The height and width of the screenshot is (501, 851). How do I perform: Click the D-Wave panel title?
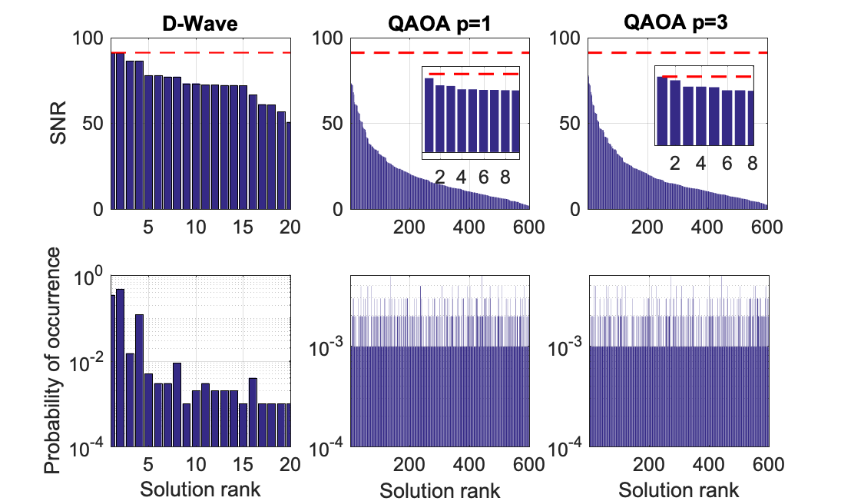click(201, 23)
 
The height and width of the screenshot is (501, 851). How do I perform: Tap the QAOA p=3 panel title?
click(677, 23)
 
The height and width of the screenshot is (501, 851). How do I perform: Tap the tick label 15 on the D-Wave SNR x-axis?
click(243, 227)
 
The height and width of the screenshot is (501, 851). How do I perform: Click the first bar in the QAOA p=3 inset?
click(661, 111)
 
